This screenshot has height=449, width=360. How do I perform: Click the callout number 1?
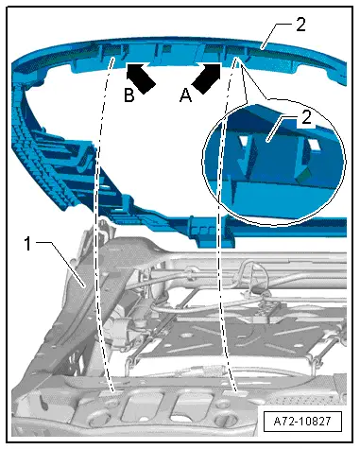click(28, 244)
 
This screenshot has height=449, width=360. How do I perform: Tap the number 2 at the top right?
click(300, 25)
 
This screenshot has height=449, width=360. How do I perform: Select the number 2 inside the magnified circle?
click(306, 117)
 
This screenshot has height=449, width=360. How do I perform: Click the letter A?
click(185, 95)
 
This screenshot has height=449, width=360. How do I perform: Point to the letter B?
click(129, 95)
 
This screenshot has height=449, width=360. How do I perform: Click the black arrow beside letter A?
click(206, 78)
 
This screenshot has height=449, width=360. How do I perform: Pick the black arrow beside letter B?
click(141, 78)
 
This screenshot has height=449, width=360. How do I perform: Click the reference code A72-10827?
click(302, 422)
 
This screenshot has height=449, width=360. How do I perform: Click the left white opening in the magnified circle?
click(245, 142)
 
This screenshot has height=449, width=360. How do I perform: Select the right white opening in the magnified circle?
click(314, 145)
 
